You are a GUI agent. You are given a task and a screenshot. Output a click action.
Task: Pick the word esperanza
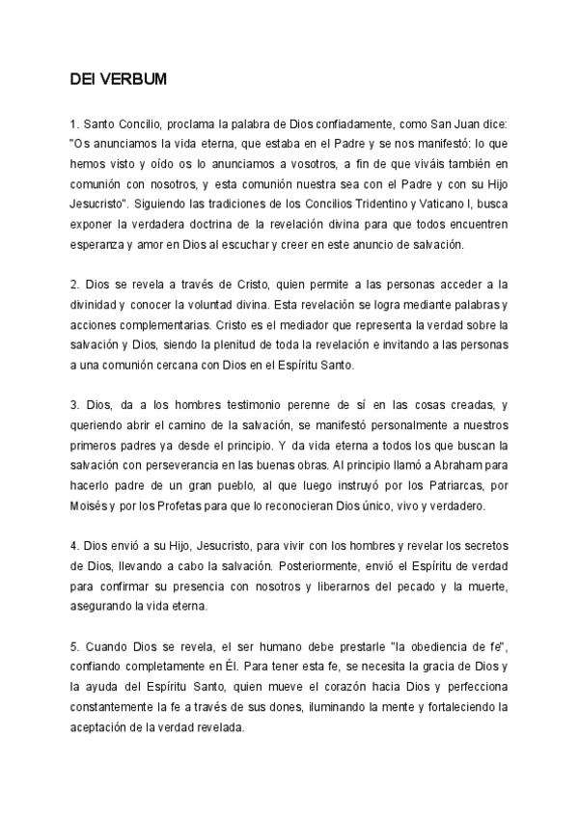click(96, 245)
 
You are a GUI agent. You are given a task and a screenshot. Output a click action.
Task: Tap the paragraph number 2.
click(73, 286)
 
